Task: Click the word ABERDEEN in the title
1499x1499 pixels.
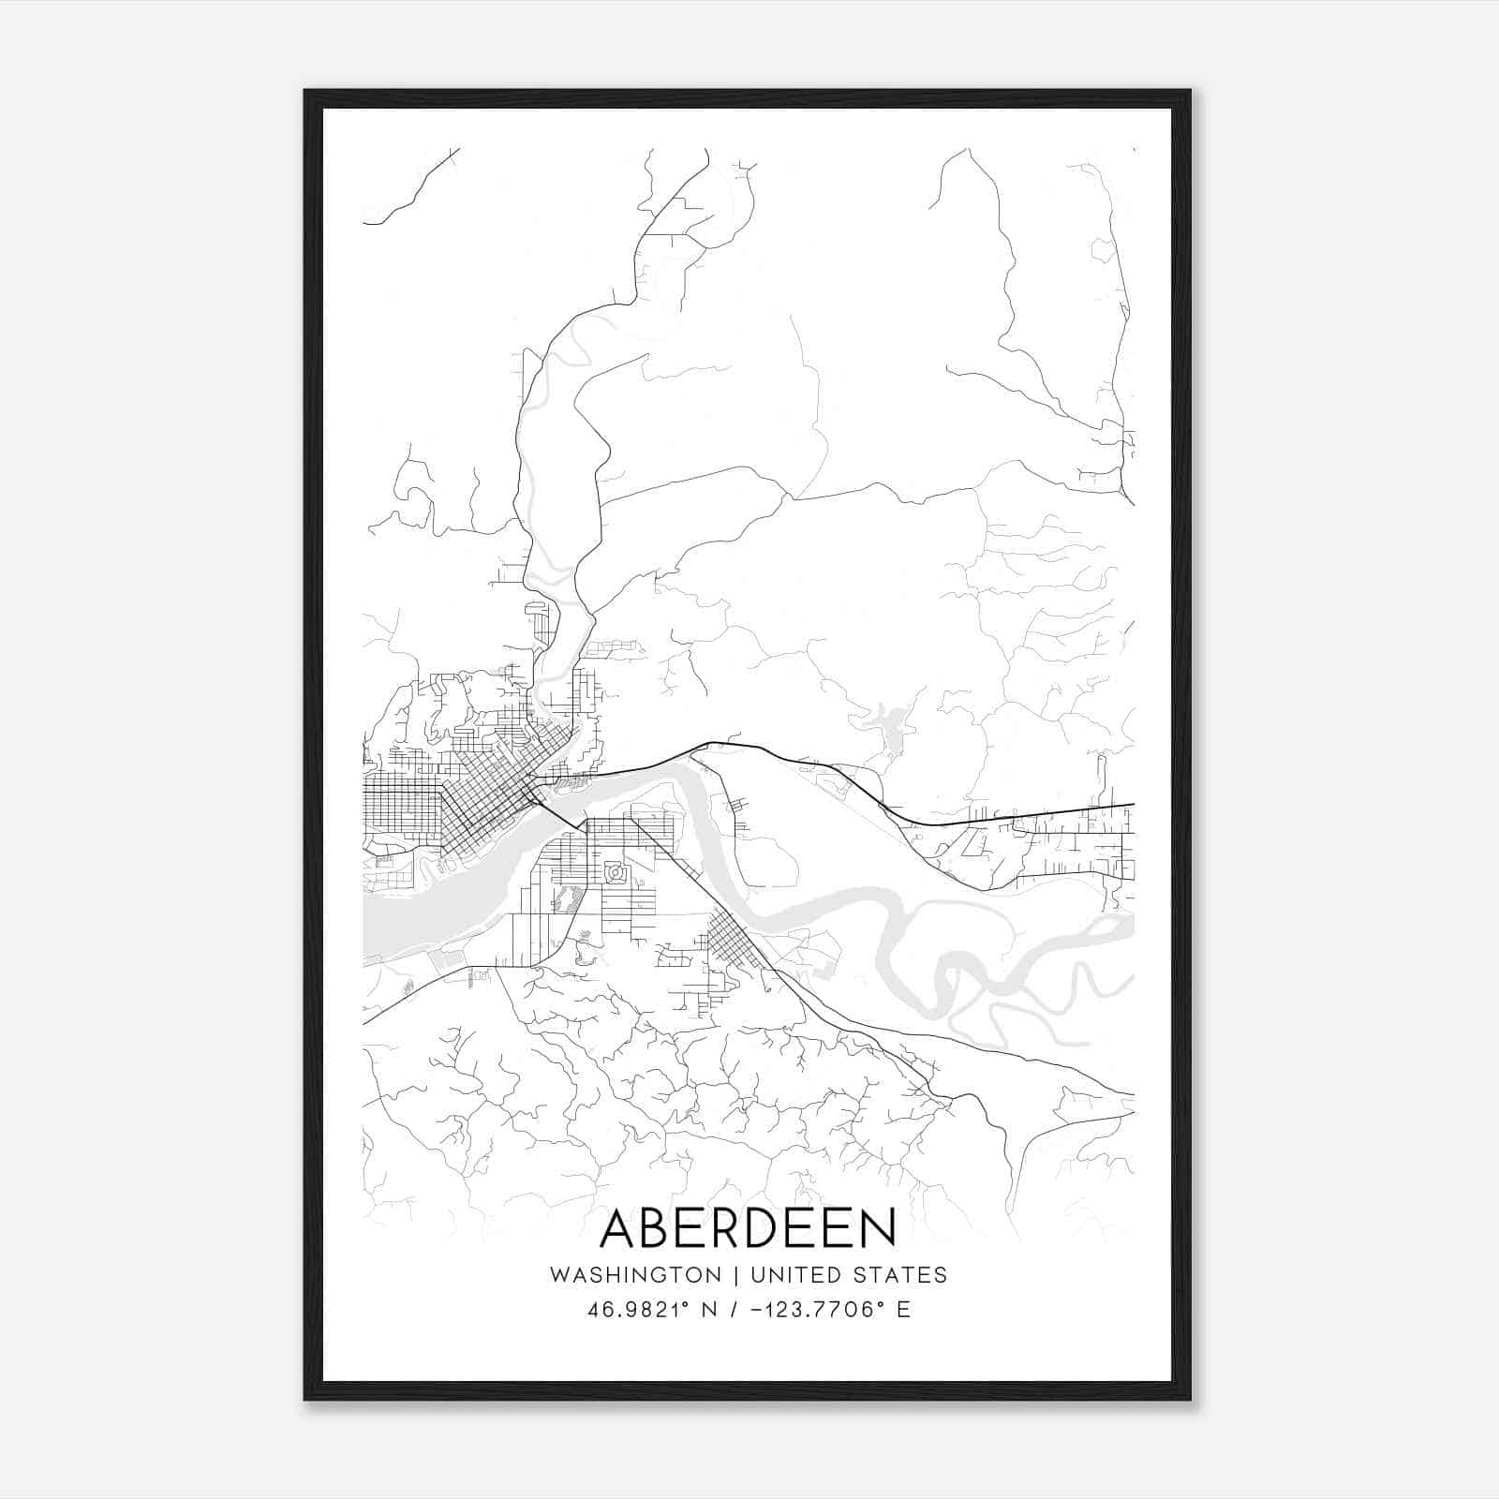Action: [748, 1228]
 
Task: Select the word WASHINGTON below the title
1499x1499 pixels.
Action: [635, 1275]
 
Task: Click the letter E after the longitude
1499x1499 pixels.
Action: [903, 1310]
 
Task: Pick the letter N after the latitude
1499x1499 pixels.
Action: [709, 1310]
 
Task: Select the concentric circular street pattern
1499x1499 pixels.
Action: [616, 873]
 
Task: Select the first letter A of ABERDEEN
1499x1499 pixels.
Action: [619, 1228]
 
